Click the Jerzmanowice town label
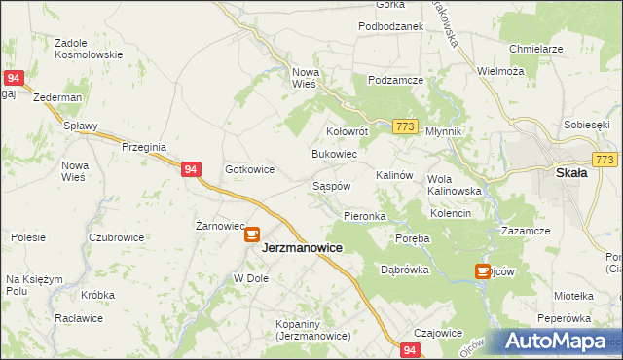tap(302, 248)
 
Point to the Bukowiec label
tap(334, 155)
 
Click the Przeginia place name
tap(145, 147)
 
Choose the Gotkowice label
tap(249, 169)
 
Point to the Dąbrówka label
tap(405, 270)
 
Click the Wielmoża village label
tap(500, 71)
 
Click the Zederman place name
tap(56, 98)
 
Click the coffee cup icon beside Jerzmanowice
tap(251, 234)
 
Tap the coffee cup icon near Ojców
tap(482, 271)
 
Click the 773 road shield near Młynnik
tap(406, 126)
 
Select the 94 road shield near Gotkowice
tap(191, 169)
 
